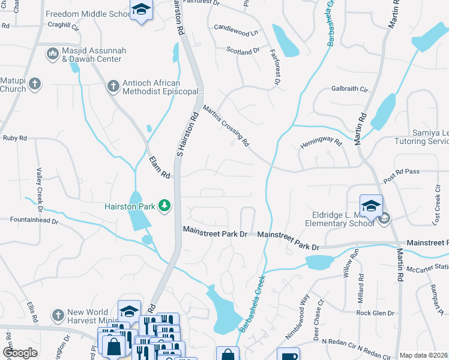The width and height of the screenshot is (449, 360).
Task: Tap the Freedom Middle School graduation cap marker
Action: [141, 10]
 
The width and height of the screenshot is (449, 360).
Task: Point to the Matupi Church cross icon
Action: [35, 83]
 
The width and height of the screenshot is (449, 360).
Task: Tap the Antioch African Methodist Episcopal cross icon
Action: [113, 86]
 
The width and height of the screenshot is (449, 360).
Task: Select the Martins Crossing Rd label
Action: [226, 125]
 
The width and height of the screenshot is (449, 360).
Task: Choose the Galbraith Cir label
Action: [349, 89]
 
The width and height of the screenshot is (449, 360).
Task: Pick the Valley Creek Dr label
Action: [40, 190]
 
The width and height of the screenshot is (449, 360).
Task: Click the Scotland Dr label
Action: [243, 52]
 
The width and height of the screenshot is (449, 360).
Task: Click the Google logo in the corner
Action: [20, 353]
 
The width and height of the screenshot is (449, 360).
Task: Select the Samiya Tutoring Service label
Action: [421, 137]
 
